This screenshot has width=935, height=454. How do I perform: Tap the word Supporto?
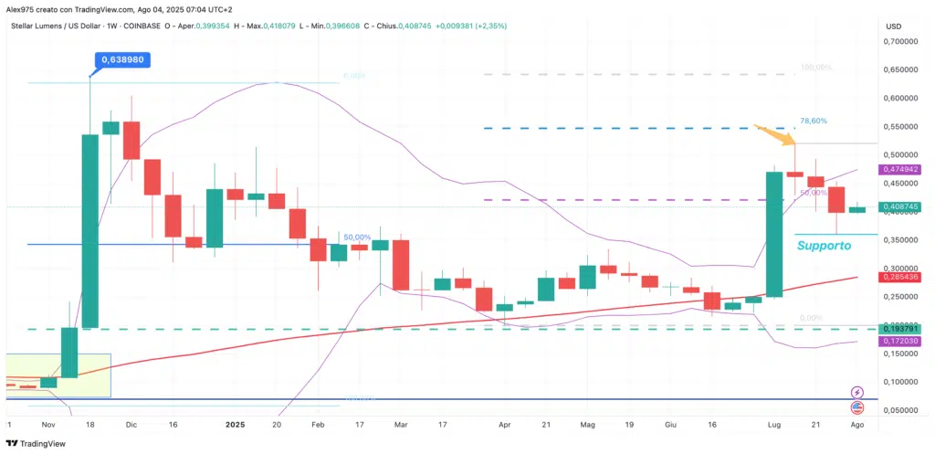click(x=824, y=246)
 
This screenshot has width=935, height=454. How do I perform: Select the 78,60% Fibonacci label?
click(x=813, y=120)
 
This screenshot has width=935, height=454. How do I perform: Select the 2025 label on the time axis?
click(x=236, y=425)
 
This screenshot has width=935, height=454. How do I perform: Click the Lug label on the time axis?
click(x=772, y=425)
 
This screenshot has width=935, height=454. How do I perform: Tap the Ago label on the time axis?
click(x=857, y=425)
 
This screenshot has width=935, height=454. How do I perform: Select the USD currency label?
click(x=893, y=26)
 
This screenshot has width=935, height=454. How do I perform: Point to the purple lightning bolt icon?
click(x=857, y=392)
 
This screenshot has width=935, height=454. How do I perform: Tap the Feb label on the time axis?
click(x=317, y=425)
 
